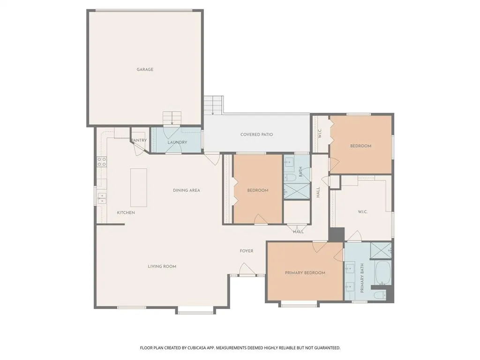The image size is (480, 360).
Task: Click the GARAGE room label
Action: click(145, 69)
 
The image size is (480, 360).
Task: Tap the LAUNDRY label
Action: click(177, 142)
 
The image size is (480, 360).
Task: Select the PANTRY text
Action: click(139, 140)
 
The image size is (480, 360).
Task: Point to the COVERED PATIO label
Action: click(256, 135)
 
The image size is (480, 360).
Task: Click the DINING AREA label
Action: click(187, 190)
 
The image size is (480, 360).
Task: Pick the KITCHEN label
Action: click(126, 212)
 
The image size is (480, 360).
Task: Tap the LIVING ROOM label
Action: click(162, 266)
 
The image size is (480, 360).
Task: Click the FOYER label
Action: click(247, 251)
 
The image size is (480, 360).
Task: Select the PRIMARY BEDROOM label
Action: click(305, 273)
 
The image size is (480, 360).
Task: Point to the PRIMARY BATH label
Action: click(362, 278)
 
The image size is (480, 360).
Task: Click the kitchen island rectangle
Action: click(139, 187)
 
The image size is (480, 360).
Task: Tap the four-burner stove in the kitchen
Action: click(102, 162)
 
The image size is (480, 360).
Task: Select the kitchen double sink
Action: click(102, 198)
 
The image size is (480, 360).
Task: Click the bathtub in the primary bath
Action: click(382, 272)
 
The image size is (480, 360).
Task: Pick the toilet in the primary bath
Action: click(380, 295)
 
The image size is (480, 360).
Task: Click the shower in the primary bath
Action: click(381, 250)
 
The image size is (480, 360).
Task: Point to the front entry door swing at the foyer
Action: click(247, 269)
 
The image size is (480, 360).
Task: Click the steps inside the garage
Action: click(172, 119)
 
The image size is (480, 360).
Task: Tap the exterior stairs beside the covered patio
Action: click(213, 105)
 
